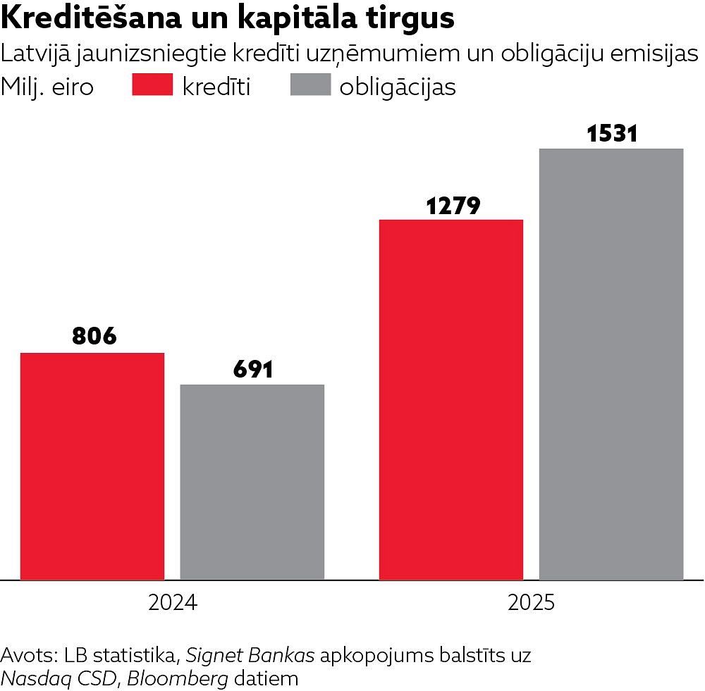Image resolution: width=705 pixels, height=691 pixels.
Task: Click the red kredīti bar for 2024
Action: [x=92, y=466]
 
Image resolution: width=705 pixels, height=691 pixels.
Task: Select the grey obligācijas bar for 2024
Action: [x=252, y=482]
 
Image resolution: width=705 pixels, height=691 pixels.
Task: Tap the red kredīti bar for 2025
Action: [x=451, y=399]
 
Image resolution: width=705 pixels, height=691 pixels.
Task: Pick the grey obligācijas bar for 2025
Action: [x=611, y=364]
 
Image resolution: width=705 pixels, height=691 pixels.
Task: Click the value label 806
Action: [x=94, y=336]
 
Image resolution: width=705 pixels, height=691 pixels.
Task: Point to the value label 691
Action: [x=252, y=368]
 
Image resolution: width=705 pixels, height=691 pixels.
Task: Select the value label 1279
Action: [x=453, y=205]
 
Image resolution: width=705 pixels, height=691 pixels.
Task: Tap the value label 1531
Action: [x=612, y=134]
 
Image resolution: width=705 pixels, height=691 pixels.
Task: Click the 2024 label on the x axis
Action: [x=173, y=604]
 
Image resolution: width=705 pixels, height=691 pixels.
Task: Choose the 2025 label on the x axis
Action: [x=532, y=604]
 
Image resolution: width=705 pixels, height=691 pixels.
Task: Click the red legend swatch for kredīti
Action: [x=152, y=86]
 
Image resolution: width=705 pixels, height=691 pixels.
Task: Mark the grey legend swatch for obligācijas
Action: [x=310, y=86]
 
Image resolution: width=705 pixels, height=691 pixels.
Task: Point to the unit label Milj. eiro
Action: [x=47, y=87]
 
